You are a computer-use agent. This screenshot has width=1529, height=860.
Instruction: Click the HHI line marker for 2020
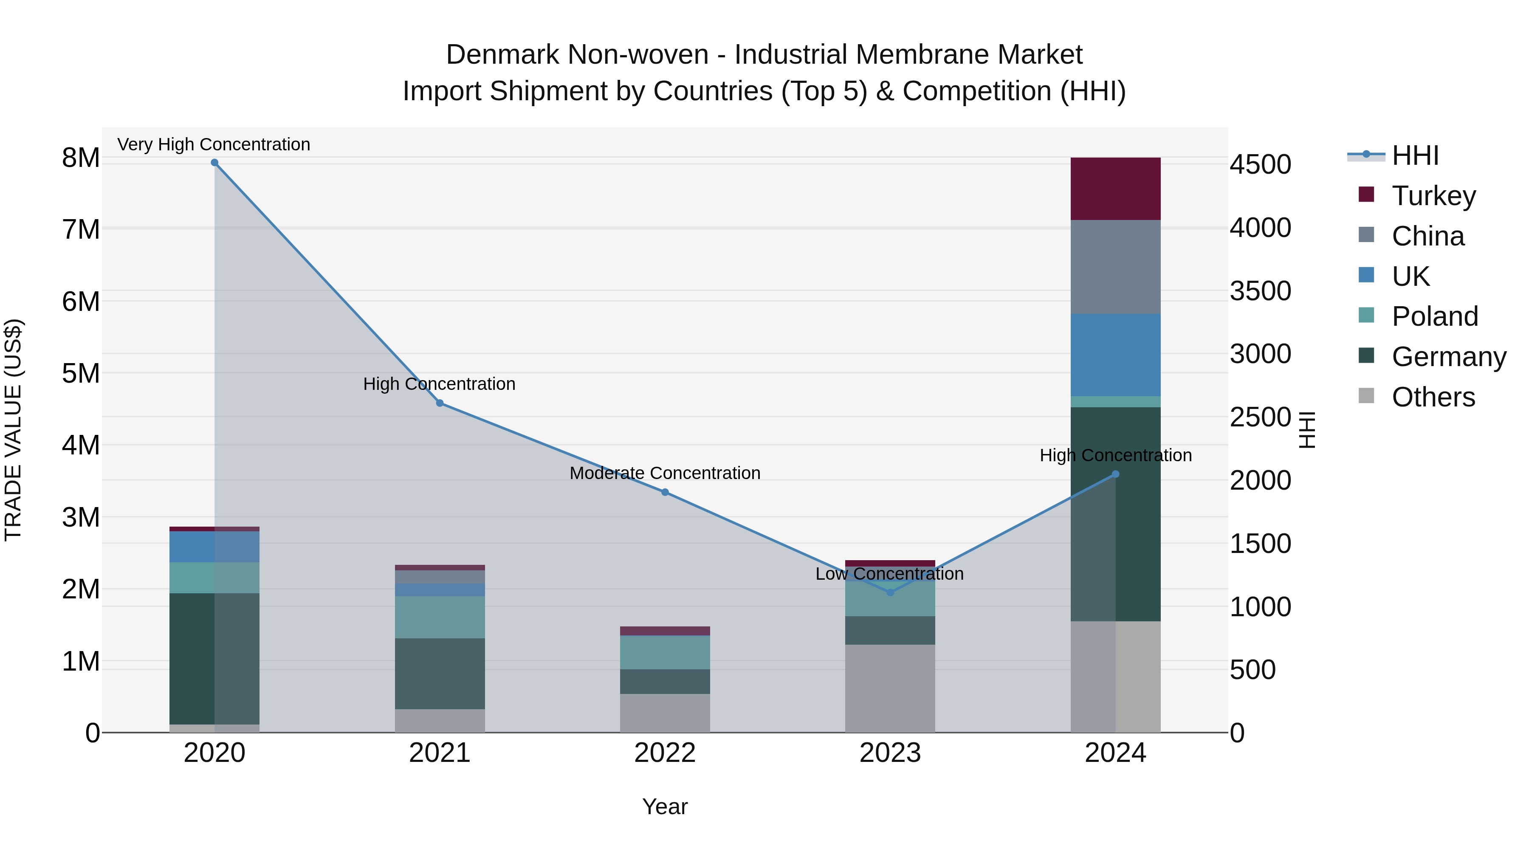click(214, 163)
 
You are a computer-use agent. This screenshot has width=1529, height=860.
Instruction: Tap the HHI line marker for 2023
click(890, 592)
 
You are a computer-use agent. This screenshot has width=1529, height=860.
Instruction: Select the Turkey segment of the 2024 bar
click(1115, 189)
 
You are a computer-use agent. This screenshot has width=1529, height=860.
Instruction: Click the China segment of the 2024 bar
click(1115, 267)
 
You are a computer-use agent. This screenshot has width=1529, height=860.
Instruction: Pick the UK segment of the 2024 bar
click(1115, 355)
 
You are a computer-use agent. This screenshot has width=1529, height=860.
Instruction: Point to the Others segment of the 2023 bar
click(890, 688)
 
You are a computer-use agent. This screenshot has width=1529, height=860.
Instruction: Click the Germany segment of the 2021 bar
click(440, 674)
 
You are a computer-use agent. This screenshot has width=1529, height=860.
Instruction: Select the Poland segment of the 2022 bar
click(665, 652)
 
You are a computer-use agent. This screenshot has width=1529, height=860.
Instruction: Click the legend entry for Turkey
click(1433, 196)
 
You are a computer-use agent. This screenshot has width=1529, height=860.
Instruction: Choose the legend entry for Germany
click(1448, 357)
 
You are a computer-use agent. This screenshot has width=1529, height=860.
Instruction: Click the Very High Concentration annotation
click(214, 144)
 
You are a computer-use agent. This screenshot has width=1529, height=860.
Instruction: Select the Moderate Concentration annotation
click(665, 473)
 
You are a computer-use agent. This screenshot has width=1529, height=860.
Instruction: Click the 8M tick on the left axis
click(81, 158)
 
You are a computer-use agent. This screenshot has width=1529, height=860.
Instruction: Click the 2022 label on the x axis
click(665, 753)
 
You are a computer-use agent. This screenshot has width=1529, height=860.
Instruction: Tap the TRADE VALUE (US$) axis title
click(13, 430)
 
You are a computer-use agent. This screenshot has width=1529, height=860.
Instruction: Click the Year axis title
click(665, 806)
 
